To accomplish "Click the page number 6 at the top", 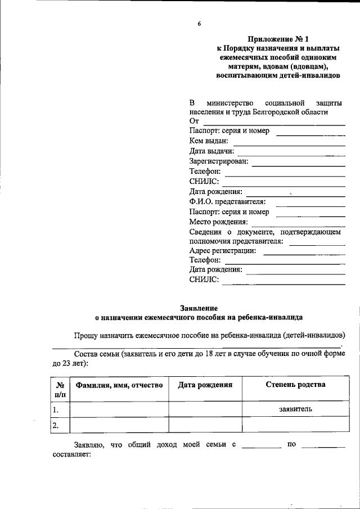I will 199,24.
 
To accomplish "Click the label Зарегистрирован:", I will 218,161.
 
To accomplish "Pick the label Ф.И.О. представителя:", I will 228,202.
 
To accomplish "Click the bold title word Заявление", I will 199,308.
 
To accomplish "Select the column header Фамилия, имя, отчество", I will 119,385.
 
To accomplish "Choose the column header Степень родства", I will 295,385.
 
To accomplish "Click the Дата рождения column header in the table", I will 205,385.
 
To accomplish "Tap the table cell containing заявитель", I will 295,409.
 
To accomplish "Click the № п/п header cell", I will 60,389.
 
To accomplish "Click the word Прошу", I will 85,335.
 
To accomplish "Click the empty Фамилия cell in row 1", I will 119,409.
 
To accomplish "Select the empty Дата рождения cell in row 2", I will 205,425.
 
